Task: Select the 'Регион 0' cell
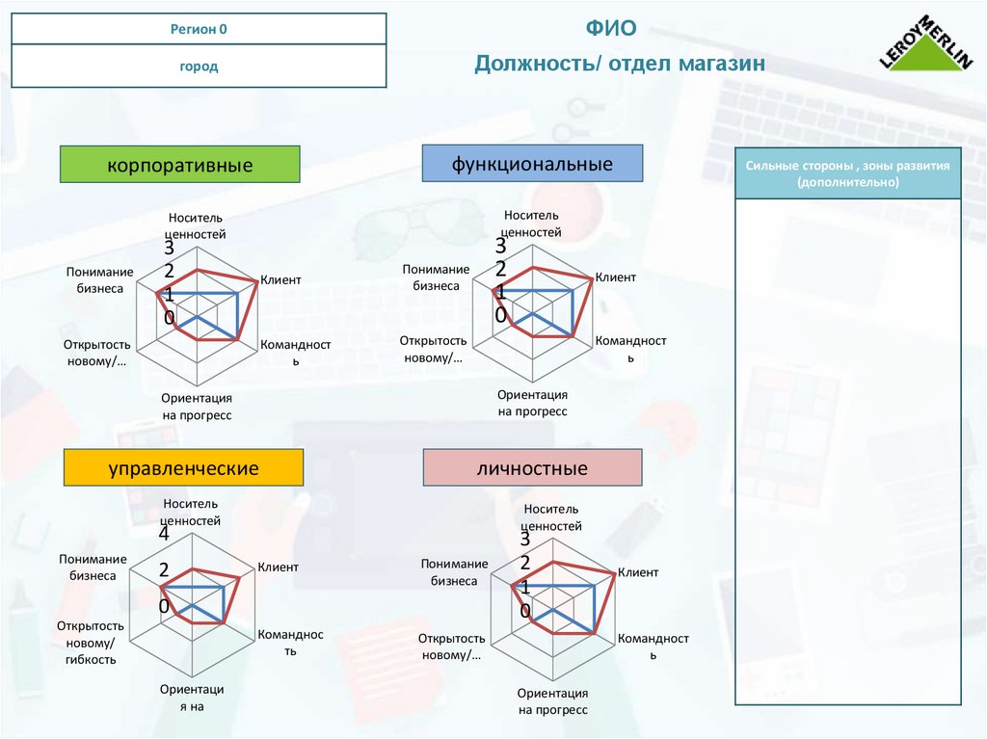coord(199,29)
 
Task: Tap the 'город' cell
coord(199,66)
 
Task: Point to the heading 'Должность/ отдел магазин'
coord(619,64)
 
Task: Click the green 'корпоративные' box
coord(180,165)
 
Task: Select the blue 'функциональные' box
coord(532,164)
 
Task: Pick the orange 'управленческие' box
coord(183,468)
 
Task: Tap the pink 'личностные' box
coord(532,469)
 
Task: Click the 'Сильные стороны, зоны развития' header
coord(848,173)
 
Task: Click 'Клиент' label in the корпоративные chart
coord(280,279)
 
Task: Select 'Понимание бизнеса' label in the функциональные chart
coord(436,277)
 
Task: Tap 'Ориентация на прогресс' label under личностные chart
coord(552,701)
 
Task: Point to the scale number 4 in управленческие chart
coord(164,535)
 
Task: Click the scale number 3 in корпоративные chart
coord(169,250)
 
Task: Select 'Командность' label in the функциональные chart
coord(630,348)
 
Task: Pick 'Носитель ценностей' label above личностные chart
coord(552,517)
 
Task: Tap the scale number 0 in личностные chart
coord(524,611)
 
